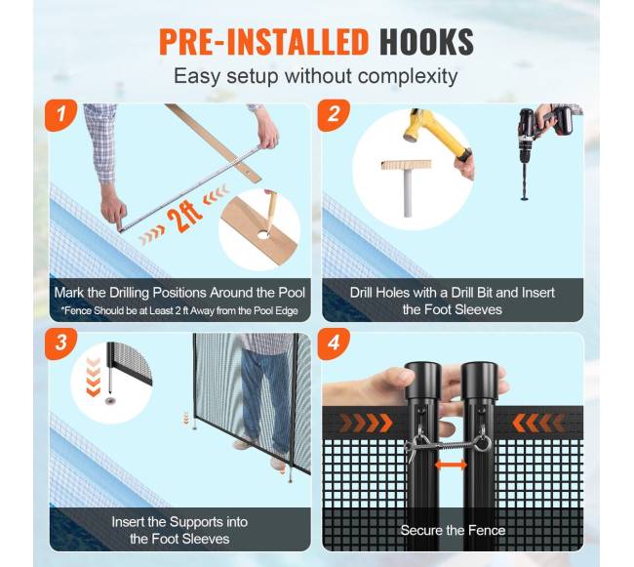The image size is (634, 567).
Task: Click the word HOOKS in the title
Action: tap(426, 42)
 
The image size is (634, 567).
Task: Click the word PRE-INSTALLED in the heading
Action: tap(263, 42)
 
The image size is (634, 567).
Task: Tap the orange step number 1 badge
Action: tap(60, 115)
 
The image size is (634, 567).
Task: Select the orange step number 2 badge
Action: tap(334, 115)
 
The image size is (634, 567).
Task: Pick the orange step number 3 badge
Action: tap(60, 344)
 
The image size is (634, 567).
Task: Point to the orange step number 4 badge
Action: tap(334, 344)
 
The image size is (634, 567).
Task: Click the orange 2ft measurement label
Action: tap(184, 218)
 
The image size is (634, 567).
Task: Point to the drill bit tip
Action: tap(525, 198)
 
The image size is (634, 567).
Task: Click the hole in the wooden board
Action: tap(262, 234)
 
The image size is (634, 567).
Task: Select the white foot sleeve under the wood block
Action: tap(408, 193)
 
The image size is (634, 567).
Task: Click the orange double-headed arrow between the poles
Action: tap(451, 466)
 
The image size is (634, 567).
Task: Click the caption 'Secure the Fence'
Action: tap(453, 530)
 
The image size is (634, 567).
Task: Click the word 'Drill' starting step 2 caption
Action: tap(361, 293)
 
